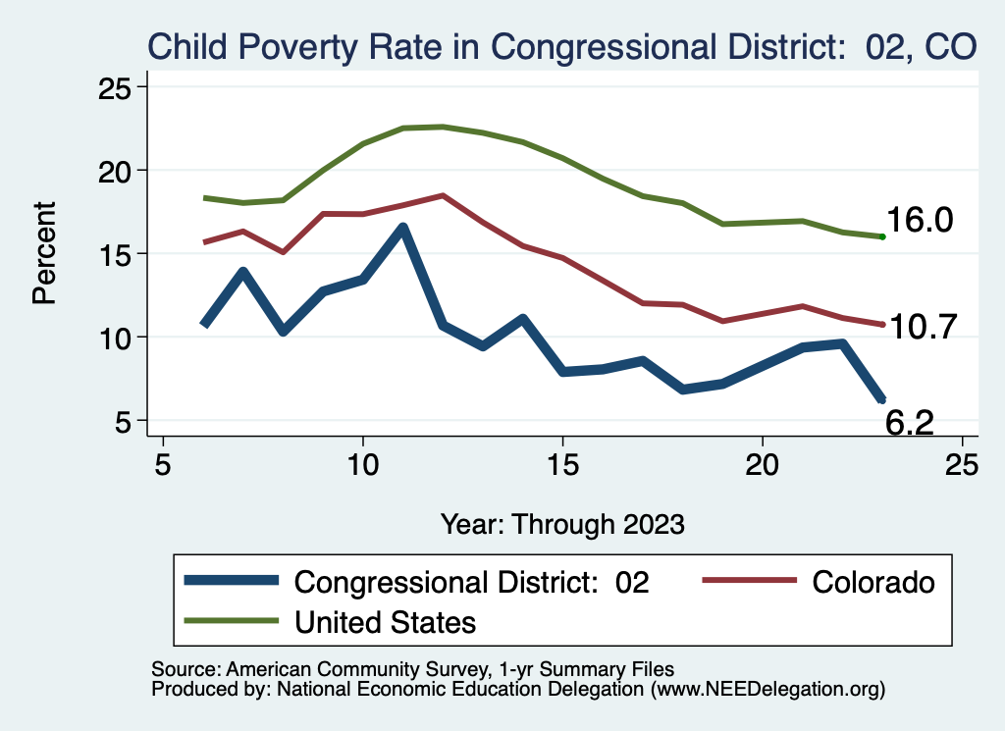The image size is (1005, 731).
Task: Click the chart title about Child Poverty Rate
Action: point(561,45)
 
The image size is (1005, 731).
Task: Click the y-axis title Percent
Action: point(44,253)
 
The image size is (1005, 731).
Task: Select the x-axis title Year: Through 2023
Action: point(562,523)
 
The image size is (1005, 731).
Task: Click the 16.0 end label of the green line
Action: point(920,221)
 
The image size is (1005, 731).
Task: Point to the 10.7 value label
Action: point(922,328)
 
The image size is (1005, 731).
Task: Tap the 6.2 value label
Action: point(910,423)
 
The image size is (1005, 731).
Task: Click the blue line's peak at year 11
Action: point(403,228)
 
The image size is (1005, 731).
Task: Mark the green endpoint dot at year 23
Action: point(883,236)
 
